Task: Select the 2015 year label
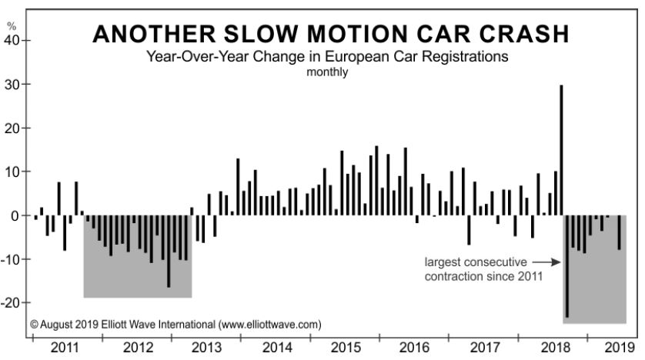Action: pos(346,347)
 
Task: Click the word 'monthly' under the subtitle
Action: pos(327,72)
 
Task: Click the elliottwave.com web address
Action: pos(269,324)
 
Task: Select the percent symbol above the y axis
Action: pos(11,26)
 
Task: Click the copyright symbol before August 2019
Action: pos(35,324)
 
